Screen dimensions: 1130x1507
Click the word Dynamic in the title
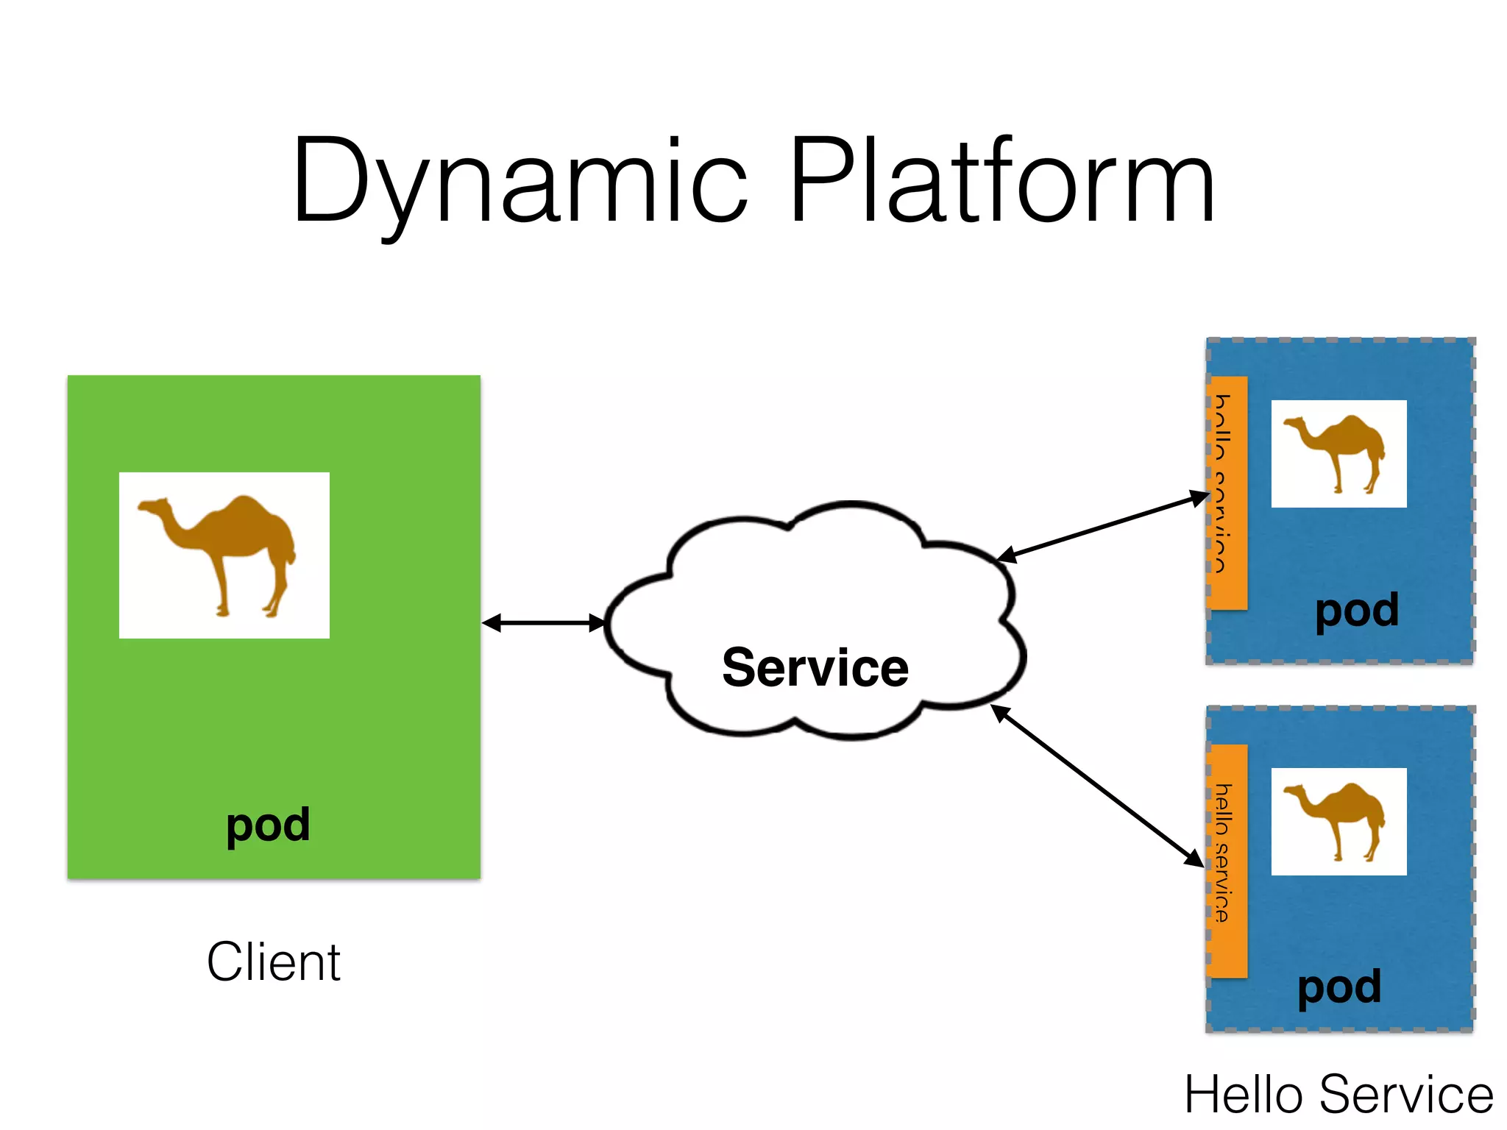pyautogui.click(x=520, y=180)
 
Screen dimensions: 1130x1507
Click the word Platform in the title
pyautogui.click(x=1001, y=180)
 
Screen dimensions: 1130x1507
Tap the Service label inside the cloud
pyautogui.click(x=815, y=667)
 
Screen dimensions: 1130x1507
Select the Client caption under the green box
pyautogui.click(x=274, y=962)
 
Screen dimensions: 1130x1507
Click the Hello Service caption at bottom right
pyautogui.click(x=1338, y=1095)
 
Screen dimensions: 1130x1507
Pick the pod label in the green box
pyautogui.click(x=268, y=825)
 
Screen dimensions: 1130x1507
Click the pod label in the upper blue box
pyautogui.click(x=1357, y=611)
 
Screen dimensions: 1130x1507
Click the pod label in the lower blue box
pyautogui.click(x=1339, y=987)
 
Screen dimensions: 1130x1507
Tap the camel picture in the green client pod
pyautogui.click(x=224, y=555)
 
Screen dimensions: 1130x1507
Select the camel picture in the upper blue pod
pyautogui.click(x=1338, y=454)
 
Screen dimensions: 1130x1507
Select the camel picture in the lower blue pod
pyautogui.click(x=1338, y=822)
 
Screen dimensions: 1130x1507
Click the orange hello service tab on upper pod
pyautogui.click(x=1227, y=493)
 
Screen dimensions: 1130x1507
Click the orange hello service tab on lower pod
pyautogui.click(x=1227, y=861)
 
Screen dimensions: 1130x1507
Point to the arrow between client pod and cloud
pyautogui.click(x=543, y=623)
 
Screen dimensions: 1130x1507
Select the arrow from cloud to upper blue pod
pyautogui.click(x=1104, y=527)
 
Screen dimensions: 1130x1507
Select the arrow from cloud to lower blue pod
pyautogui.click(x=1096, y=785)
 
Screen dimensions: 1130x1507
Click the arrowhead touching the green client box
pyautogui.click(x=492, y=623)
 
